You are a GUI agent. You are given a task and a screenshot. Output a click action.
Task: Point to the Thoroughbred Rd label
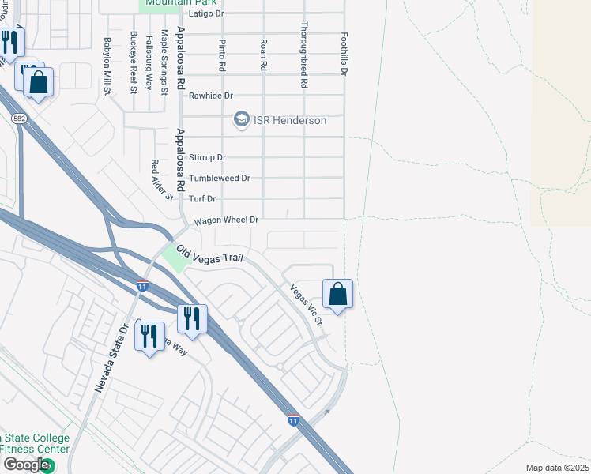(303, 55)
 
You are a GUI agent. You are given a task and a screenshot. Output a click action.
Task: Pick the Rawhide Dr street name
(211, 96)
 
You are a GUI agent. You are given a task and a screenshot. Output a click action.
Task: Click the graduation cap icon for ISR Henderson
(241, 120)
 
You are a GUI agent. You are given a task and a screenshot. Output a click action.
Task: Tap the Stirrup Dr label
(207, 157)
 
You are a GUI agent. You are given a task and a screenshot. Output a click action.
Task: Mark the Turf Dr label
(201, 198)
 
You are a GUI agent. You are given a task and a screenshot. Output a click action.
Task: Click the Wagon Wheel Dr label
(221, 220)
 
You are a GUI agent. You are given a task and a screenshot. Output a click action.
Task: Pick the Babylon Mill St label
(107, 66)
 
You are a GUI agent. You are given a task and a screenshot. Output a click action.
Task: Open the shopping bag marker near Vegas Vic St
(337, 294)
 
